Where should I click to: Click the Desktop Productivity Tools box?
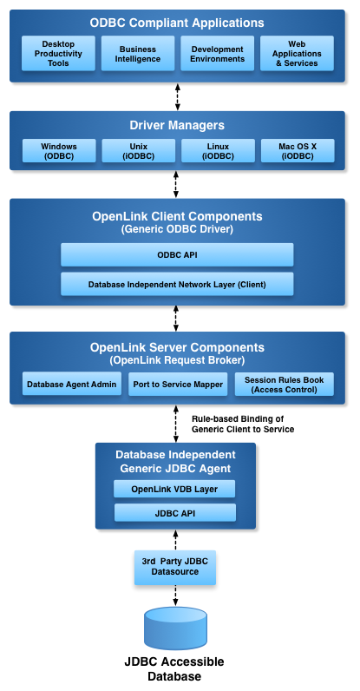(59, 53)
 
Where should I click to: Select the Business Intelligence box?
(138, 53)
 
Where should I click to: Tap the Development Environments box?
(218, 53)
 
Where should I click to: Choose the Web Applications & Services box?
(297, 53)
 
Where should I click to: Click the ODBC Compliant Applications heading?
(177, 23)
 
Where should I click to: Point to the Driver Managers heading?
(177, 126)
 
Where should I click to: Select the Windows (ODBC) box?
(59, 151)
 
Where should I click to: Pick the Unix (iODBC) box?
(138, 151)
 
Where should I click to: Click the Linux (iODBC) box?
(218, 151)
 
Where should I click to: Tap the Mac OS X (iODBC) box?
(297, 151)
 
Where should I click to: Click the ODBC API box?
(177, 254)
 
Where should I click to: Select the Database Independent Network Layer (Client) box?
(177, 284)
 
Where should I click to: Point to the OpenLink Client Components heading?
(177, 216)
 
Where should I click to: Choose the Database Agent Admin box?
(72, 384)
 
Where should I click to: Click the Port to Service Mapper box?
(178, 384)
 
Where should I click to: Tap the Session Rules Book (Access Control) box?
(284, 384)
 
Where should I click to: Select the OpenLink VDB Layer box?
(175, 489)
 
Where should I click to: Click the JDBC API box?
(175, 512)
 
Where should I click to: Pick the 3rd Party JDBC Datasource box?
(175, 567)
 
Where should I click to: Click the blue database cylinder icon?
(175, 628)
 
